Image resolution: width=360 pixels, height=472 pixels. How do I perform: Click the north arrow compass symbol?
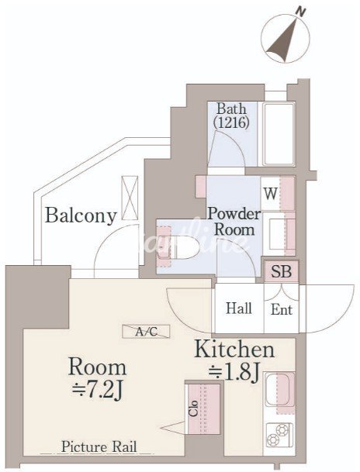click(x=285, y=39)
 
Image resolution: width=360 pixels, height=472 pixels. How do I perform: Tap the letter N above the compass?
click(x=300, y=12)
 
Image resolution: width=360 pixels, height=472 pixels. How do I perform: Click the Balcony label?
click(x=81, y=215)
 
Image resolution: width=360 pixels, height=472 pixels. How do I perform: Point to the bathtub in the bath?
click(x=279, y=134)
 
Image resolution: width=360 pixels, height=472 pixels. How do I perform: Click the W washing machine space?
click(x=271, y=193)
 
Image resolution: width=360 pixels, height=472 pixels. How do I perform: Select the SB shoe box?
click(x=282, y=271)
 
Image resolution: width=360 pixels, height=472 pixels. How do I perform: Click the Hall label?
click(x=239, y=308)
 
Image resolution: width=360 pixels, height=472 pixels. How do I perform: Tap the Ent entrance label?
click(x=282, y=310)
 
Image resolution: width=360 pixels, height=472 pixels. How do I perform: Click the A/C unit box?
click(x=146, y=332)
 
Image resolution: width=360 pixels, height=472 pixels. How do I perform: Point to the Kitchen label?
click(x=234, y=350)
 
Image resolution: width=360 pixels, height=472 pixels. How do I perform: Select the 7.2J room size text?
click(x=97, y=391)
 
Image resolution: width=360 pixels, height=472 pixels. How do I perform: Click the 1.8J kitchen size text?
click(x=234, y=373)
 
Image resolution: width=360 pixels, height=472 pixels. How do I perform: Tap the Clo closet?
click(x=202, y=408)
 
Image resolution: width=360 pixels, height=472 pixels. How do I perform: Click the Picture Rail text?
click(x=99, y=446)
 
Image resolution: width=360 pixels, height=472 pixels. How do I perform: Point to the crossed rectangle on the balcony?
click(x=130, y=198)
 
